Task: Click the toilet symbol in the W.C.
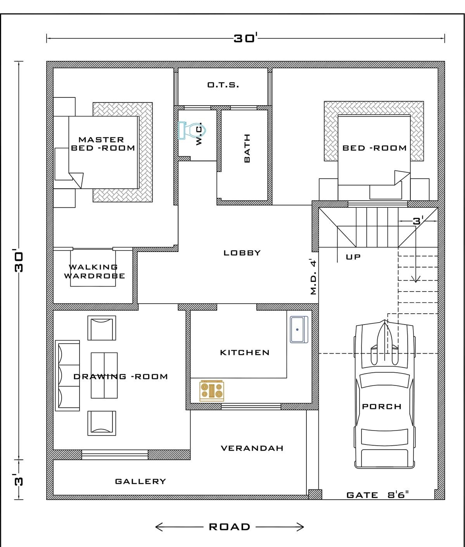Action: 192,130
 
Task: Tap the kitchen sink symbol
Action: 299,330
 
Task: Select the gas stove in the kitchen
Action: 212,391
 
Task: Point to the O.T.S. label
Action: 223,85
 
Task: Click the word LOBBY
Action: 242,253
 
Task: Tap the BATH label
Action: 247,148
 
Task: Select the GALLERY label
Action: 140,481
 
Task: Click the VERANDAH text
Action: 252,448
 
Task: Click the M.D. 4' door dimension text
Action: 313,278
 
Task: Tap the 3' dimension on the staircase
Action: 418,220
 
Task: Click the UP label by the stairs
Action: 353,257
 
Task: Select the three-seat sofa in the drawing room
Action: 67,375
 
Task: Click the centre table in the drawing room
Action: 104,375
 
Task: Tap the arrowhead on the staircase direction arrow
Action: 416,280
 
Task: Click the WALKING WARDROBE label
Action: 94,271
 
